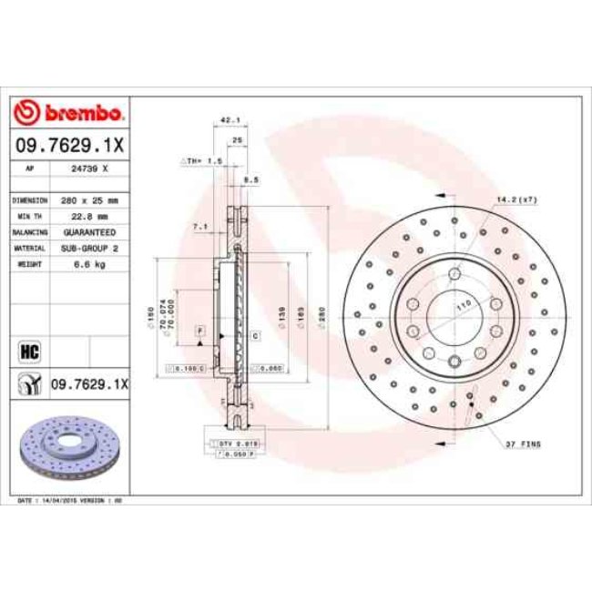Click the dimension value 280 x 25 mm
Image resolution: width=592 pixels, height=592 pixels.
(89, 199)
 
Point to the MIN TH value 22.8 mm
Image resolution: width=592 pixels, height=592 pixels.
(89, 216)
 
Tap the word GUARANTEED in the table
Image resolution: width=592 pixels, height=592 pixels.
(89, 232)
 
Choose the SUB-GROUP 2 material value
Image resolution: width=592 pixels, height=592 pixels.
(89, 248)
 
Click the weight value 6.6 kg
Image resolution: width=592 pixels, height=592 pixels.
(89, 264)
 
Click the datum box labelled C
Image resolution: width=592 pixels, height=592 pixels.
(256, 336)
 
